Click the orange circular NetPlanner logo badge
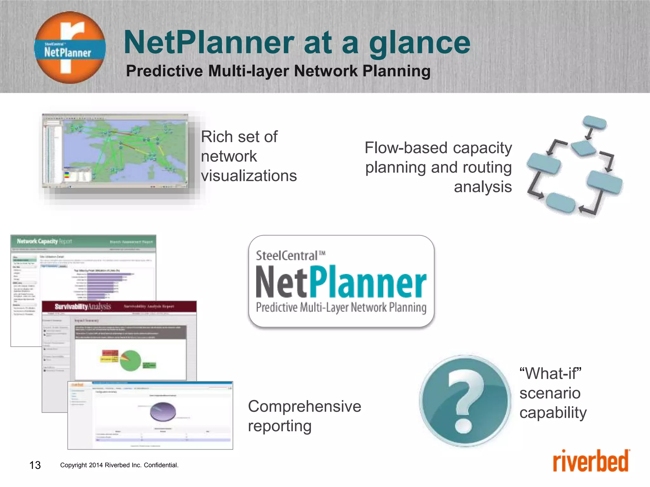click(x=70, y=48)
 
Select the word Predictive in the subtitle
click(x=164, y=71)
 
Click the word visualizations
click(x=249, y=176)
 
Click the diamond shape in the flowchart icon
click(x=583, y=148)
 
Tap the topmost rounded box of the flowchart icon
click(x=595, y=122)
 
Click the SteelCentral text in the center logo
click(x=287, y=256)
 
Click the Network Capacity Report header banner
click(x=83, y=242)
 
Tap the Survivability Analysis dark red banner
click(x=119, y=307)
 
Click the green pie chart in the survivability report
click(x=130, y=360)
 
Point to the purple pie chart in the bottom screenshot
click(x=163, y=411)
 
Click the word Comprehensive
click(x=304, y=406)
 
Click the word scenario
click(x=550, y=393)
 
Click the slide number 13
click(x=35, y=465)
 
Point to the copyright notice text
click(x=119, y=465)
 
